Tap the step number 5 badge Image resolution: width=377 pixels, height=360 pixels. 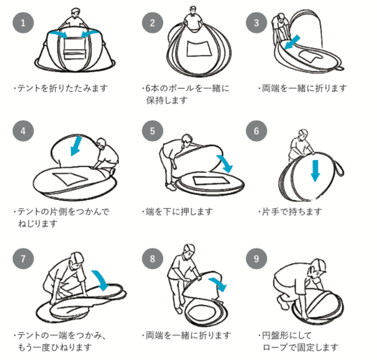tap(153, 131)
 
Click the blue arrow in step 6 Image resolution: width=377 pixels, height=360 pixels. tap(315, 170)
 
